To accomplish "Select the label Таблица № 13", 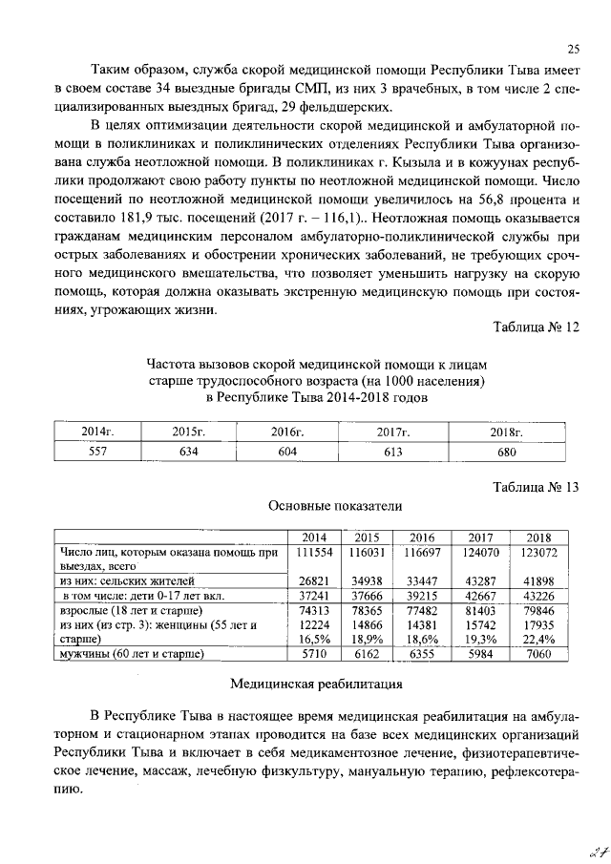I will point(536,487).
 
